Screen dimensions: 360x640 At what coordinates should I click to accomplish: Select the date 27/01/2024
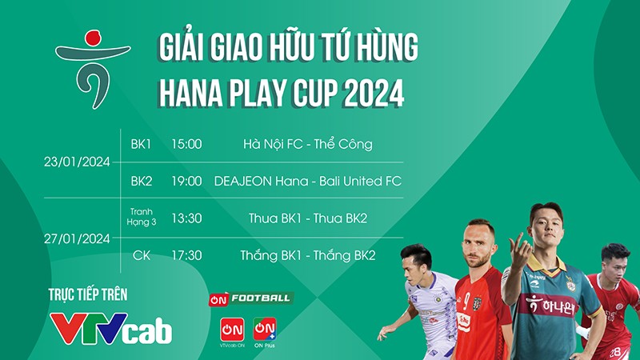[x=77, y=238]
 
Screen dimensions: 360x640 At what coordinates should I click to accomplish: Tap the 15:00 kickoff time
[x=186, y=144]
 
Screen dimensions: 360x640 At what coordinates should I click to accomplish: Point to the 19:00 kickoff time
[x=186, y=181]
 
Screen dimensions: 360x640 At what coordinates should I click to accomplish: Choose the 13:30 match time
[x=186, y=218]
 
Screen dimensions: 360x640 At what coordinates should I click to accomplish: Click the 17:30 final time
[x=186, y=255]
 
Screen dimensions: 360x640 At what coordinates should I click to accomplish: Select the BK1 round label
[x=142, y=144]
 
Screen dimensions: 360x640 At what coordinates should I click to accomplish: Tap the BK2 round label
[x=142, y=181]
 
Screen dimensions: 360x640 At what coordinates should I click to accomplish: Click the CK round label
[x=142, y=255]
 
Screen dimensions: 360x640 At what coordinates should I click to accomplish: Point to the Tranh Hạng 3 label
[x=142, y=217]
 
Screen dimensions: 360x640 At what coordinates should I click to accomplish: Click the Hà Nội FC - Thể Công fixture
[x=308, y=144]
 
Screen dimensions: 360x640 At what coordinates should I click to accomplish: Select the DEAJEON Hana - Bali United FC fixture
[x=308, y=181]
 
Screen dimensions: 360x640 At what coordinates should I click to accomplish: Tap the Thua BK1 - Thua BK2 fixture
[x=308, y=218]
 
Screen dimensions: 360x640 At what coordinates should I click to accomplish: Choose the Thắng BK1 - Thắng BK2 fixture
[x=308, y=255]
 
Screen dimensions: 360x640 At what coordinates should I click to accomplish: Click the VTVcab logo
[x=111, y=327]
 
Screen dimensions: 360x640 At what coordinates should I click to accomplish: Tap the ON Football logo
[x=250, y=298]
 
